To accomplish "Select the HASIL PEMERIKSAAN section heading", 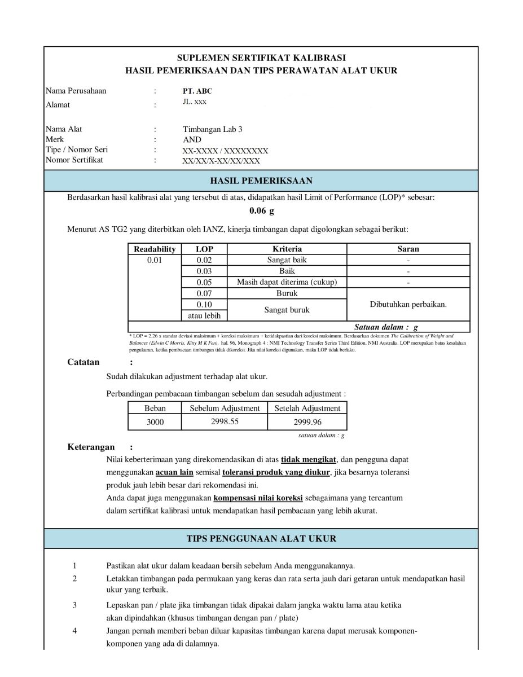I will point(261,181).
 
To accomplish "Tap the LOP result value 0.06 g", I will point(261,212).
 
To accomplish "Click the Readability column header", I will point(155,249).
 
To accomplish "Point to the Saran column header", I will point(408,249).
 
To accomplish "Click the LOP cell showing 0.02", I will point(204,260).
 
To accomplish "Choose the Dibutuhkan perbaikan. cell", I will point(408,305).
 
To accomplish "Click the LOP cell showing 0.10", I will point(204,305).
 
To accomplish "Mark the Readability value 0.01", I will point(155,260).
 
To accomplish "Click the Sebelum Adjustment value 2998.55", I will point(225,421).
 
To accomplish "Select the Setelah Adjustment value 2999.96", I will point(307,422).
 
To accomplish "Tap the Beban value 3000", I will point(155,422).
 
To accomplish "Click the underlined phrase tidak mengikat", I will point(309,459).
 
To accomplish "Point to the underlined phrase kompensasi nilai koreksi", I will point(258,498).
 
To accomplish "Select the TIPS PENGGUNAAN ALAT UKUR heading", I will point(261,538).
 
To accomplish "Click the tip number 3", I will point(74,605).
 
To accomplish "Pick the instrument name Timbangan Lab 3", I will point(213,129).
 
